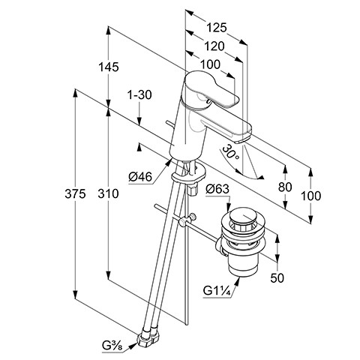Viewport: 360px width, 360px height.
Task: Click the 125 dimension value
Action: pos(217,28)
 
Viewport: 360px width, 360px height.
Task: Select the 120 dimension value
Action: pos(214,46)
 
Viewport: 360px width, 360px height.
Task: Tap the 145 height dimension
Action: pos(109,67)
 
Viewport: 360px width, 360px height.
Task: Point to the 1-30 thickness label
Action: pos(139,95)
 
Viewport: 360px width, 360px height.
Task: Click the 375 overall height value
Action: pos(75,193)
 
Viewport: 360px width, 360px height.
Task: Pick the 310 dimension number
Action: pos(108,193)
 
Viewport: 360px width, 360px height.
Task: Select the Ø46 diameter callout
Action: pos(140,177)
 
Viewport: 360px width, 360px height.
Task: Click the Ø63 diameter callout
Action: pos(217,189)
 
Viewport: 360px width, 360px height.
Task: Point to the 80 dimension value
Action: pos(285,187)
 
